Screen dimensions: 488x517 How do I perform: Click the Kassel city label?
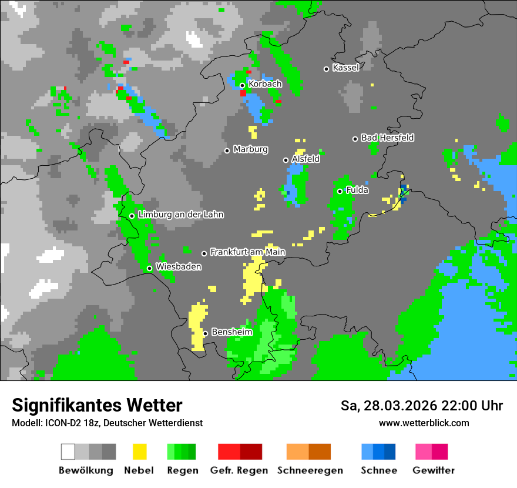(345, 68)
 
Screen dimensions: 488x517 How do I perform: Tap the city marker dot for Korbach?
(242, 85)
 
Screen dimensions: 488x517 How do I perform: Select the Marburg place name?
(250, 149)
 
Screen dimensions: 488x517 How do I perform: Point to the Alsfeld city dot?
(286, 160)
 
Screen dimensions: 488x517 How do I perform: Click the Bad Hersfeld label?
(387, 138)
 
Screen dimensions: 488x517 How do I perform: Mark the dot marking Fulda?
(340, 191)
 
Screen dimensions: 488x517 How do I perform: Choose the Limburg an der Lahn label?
(180, 215)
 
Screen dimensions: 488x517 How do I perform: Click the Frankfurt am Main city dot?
(204, 253)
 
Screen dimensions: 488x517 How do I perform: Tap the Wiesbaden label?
(178, 267)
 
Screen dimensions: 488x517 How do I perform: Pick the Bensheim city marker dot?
(205, 333)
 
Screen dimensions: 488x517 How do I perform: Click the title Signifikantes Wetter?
(97, 405)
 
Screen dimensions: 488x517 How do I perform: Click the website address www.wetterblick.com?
(424, 423)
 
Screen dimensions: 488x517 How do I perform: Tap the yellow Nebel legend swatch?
(139, 452)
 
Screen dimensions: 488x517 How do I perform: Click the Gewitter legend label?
(433, 470)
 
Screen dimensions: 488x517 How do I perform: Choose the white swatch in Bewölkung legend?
(68, 452)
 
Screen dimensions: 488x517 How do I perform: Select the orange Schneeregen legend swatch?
(297, 452)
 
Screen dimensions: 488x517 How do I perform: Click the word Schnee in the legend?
(378, 470)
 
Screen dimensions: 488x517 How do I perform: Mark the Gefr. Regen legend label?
(239, 470)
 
